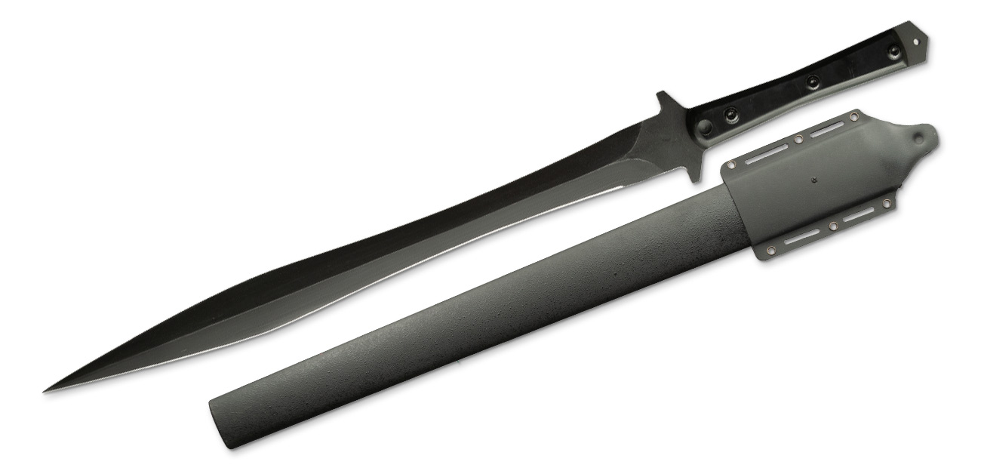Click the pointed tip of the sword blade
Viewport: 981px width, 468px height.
(x=45, y=390)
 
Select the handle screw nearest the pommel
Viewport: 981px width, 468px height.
(x=894, y=51)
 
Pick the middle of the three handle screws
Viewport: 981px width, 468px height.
(x=812, y=82)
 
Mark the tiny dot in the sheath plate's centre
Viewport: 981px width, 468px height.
(x=814, y=180)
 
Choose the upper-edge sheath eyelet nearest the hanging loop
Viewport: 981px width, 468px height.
(x=853, y=117)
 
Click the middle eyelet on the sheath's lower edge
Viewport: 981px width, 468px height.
(x=833, y=226)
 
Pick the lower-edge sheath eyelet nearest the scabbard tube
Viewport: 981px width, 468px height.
(x=771, y=251)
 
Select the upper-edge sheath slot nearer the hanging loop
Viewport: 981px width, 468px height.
(x=826, y=128)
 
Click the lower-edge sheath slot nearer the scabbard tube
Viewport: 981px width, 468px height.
(x=802, y=238)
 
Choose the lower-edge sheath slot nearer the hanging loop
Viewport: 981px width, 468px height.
(x=859, y=215)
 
